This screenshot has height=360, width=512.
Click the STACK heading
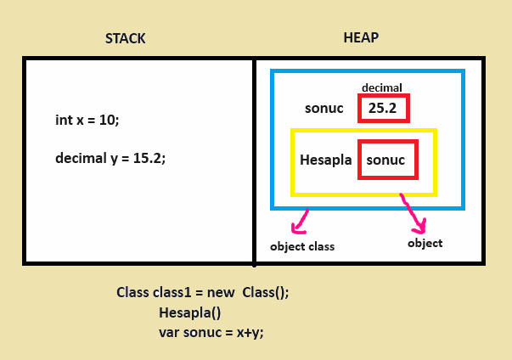[125, 38]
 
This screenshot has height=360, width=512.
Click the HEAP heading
[360, 38]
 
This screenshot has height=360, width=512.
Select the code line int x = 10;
[87, 121]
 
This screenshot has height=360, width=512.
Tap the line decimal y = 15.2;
[110, 158]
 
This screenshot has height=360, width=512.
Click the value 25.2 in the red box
[383, 108]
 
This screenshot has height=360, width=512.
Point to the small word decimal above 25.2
[382, 87]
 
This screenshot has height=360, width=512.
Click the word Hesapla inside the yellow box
[326, 160]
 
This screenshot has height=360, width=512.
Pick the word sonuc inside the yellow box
[385, 160]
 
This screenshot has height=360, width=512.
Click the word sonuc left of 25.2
[324, 108]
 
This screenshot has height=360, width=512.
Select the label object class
[302, 247]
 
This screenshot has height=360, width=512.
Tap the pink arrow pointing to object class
[299, 223]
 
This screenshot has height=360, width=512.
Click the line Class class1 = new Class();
[203, 293]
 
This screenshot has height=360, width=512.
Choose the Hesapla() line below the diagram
[189, 312]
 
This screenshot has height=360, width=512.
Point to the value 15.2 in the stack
[149, 158]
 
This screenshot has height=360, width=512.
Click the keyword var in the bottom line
[169, 332]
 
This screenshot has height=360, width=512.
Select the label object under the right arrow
[425, 243]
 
